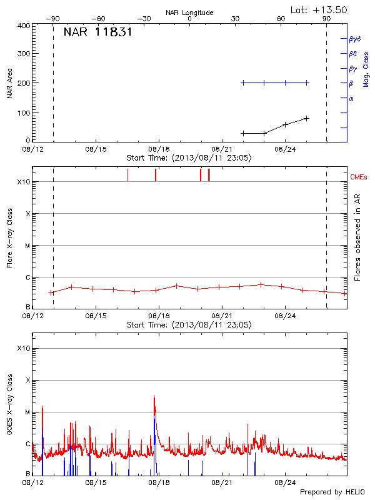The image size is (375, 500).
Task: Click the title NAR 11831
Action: click(97, 32)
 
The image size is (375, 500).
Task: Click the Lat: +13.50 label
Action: click(319, 9)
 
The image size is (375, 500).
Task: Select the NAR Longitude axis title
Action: click(189, 12)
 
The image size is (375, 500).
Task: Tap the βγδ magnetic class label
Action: click(356, 39)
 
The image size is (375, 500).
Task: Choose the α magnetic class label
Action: click(351, 98)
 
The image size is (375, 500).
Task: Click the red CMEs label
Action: click(359, 177)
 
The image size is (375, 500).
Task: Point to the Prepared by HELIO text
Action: click(332, 492)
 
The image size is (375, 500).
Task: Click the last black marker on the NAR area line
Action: click(307, 118)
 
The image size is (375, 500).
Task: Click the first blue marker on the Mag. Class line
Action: click(243, 82)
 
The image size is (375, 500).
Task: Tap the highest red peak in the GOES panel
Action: click(154, 396)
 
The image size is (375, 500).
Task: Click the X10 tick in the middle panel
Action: click(23, 182)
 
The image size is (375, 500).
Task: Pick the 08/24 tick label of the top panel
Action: click(285, 149)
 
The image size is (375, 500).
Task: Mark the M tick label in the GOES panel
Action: click(26, 412)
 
